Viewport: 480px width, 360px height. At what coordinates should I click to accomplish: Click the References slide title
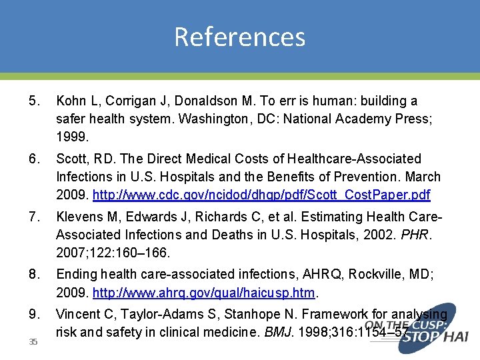click(239, 37)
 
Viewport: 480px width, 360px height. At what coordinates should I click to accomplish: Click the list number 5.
click(35, 101)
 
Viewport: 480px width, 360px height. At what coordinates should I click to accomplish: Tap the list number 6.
click(35, 159)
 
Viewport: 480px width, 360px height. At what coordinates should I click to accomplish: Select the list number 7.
click(35, 217)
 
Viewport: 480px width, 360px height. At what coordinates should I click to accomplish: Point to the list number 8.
click(35, 275)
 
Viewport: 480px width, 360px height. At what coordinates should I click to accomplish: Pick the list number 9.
click(35, 315)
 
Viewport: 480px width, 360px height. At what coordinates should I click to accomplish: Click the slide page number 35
click(33, 342)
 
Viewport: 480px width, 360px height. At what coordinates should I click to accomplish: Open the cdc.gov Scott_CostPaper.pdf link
click(261, 195)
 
